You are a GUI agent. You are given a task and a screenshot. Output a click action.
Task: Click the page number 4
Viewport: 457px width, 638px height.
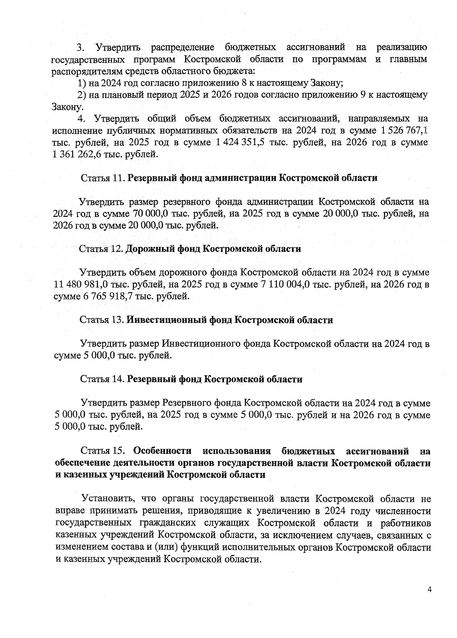pos(430,590)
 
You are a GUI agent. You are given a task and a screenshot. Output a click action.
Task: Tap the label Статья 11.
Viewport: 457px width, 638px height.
pos(103,178)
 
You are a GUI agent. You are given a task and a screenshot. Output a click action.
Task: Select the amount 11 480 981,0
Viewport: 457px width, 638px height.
pos(80,284)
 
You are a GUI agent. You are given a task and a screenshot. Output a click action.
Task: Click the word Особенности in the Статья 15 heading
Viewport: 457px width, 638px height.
pos(162,451)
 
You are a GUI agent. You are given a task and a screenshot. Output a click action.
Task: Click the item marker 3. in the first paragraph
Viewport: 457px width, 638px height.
pos(80,48)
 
